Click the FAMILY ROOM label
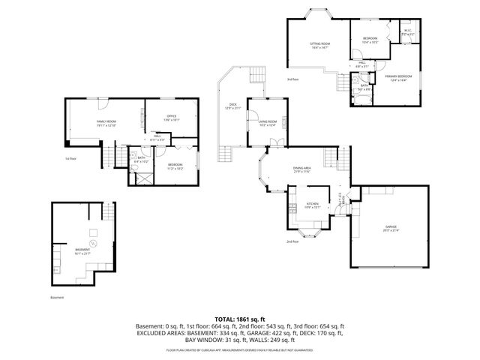(106, 122)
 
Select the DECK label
(232, 107)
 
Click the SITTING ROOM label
(320, 46)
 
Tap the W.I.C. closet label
(407, 34)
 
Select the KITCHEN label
(313, 205)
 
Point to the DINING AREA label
(302, 172)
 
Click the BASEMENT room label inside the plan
(82, 251)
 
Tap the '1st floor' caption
(71, 159)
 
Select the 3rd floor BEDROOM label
(370, 40)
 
